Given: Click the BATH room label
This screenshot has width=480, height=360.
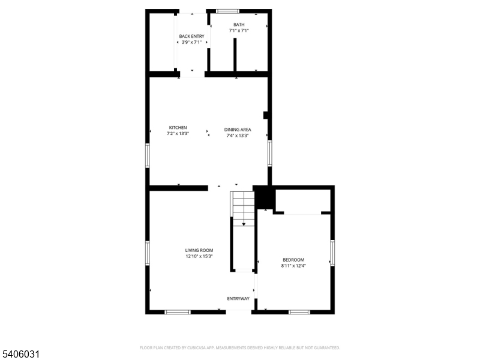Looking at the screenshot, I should [x=239, y=25].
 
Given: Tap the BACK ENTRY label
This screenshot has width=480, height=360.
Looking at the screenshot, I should [x=191, y=37].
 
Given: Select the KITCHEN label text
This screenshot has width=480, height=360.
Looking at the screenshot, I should [x=178, y=127].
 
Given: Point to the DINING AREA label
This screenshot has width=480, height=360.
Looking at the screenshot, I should [x=238, y=130].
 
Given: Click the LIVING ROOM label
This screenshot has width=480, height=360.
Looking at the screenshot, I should [x=199, y=250].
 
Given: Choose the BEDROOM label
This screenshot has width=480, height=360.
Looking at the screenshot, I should [x=293, y=260].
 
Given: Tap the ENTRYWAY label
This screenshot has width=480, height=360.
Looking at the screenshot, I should [x=238, y=299].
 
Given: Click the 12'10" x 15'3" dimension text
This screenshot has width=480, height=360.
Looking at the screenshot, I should [x=199, y=256].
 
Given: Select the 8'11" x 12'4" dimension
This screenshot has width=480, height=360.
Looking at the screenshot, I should [x=293, y=266].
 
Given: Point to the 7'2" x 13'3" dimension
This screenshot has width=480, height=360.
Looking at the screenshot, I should [x=178, y=134].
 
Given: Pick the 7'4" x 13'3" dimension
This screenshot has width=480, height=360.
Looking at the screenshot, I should [x=238, y=136].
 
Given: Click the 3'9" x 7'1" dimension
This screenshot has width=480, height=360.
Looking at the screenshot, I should [x=191, y=43].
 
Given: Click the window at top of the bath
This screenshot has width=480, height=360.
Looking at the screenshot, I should [x=227, y=11].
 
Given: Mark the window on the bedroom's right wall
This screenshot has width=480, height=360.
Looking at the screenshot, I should [x=332, y=253].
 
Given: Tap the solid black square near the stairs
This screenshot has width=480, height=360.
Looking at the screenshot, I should [x=265, y=197].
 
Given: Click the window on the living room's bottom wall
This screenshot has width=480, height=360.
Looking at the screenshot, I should [x=178, y=312].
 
